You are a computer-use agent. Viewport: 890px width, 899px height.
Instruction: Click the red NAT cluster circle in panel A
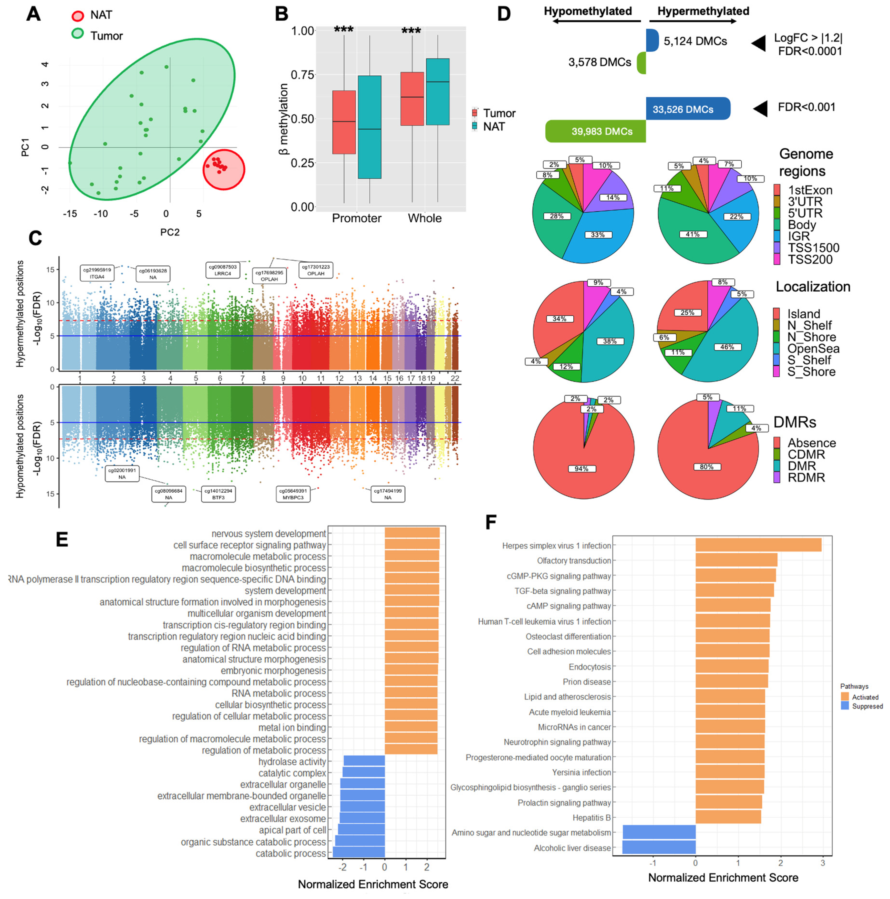pos(223,169)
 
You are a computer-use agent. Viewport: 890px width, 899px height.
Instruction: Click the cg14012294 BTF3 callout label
pos(218,494)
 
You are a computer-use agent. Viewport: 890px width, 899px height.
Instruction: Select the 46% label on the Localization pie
pos(727,347)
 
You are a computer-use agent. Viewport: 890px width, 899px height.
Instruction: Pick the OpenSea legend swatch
pos(776,348)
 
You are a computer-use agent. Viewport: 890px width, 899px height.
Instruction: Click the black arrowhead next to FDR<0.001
pos(760,108)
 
